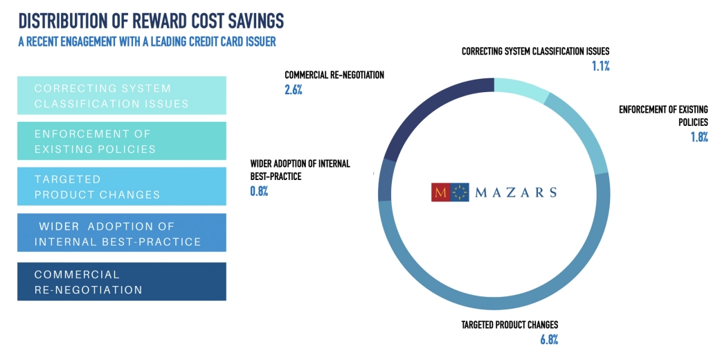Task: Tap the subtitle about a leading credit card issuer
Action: pyautogui.click(x=147, y=42)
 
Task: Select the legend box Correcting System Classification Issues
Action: pyautogui.click(x=122, y=96)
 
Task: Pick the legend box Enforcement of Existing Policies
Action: pyautogui.click(x=122, y=141)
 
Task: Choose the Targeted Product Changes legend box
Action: pyautogui.click(x=122, y=186)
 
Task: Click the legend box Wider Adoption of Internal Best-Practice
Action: pyautogui.click(x=122, y=233)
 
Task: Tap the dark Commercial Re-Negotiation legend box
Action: pyautogui.click(x=122, y=281)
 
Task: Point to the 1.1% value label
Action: pyautogui.click(x=600, y=66)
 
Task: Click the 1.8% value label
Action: pyautogui.click(x=698, y=137)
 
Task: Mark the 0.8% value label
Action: pyautogui.click(x=259, y=190)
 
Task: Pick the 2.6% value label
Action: pyautogui.click(x=294, y=89)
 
